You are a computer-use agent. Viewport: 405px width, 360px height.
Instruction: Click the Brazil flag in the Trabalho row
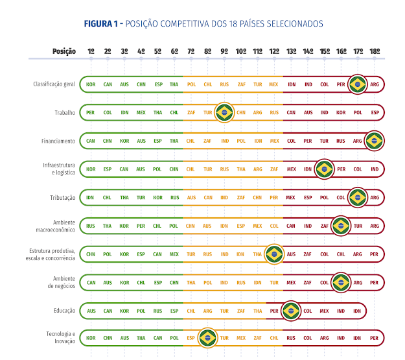pyautogui.click(x=224, y=112)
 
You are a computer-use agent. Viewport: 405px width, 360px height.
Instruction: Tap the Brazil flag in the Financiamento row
pyautogui.click(x=374, y=141)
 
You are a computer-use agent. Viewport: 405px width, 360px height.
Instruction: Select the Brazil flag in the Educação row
pyautogui.click(x=290, y=311)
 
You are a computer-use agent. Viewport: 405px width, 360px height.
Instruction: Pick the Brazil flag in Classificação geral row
pyautogui.click(x=357, y=84)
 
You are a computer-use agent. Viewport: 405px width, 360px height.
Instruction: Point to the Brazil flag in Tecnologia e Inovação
pyautogui.click(x=207, y=338)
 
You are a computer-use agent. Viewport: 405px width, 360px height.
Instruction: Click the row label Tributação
pyautogui.click(x=63, y=197)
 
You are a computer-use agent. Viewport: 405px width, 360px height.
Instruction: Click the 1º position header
pyautogui.click(x=91, y=51)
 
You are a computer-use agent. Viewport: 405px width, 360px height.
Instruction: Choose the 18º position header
pyautogui.click(x=375, y=51)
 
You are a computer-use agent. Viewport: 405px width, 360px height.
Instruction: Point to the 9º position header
pyautogui.click(x=224, y=51)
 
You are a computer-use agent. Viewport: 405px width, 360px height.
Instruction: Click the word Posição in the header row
pyautogui.click(x=64, y=51)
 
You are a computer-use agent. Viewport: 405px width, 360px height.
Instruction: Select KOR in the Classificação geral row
pyautogui.click(x=91, y=84)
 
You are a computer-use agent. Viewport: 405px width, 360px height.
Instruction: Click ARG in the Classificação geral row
pyautogui.click(x=375, y=84)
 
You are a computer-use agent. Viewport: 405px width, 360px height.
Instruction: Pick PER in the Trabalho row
pyautogui.click(x=91, y=112)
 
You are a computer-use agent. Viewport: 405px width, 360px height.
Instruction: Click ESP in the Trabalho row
pyautogui.click(x=375, y=112)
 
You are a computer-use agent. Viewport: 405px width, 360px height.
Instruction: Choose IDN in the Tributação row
pyautogui.click(x=91, y=197)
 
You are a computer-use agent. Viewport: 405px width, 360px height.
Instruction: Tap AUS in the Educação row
pyautogui.click(x=91, y=311)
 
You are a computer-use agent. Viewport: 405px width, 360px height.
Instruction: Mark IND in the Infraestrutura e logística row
pyautogui.click(x=375, y=169)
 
